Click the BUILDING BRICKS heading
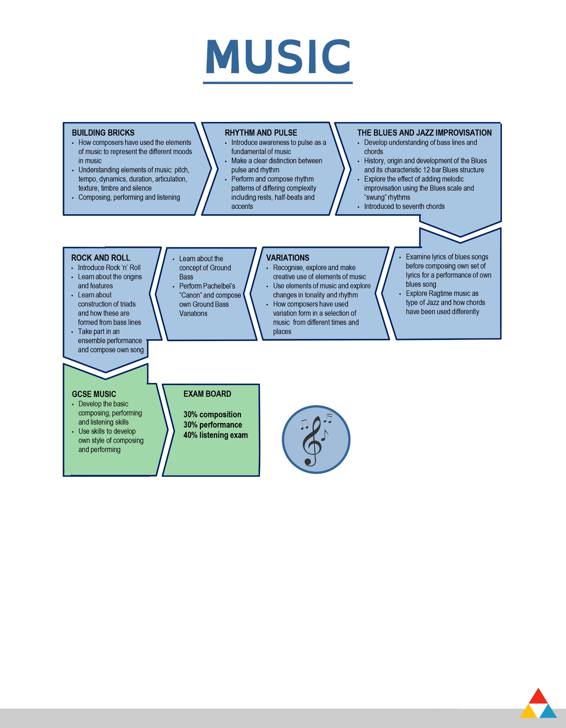click(x=103, y=133)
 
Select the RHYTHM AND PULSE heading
click(x=261, y=133)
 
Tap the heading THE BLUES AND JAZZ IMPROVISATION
click(x=424, y=133)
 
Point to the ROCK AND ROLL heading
click(x=100, y=258)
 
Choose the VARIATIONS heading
click(x=288, y=258)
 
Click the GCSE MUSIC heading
click(x=94, y=394)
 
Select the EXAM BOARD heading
click(x=207, y=394)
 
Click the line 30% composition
click(x=212, y=415)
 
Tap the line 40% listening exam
click(x=215, y=435)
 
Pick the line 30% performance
click(x=213, y=425)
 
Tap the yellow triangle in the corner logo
click(x=529, y=711)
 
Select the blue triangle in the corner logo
click(x=548, y=711)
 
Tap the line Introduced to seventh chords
click(x=404, y=206)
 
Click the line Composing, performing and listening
click(x=129, y=197)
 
